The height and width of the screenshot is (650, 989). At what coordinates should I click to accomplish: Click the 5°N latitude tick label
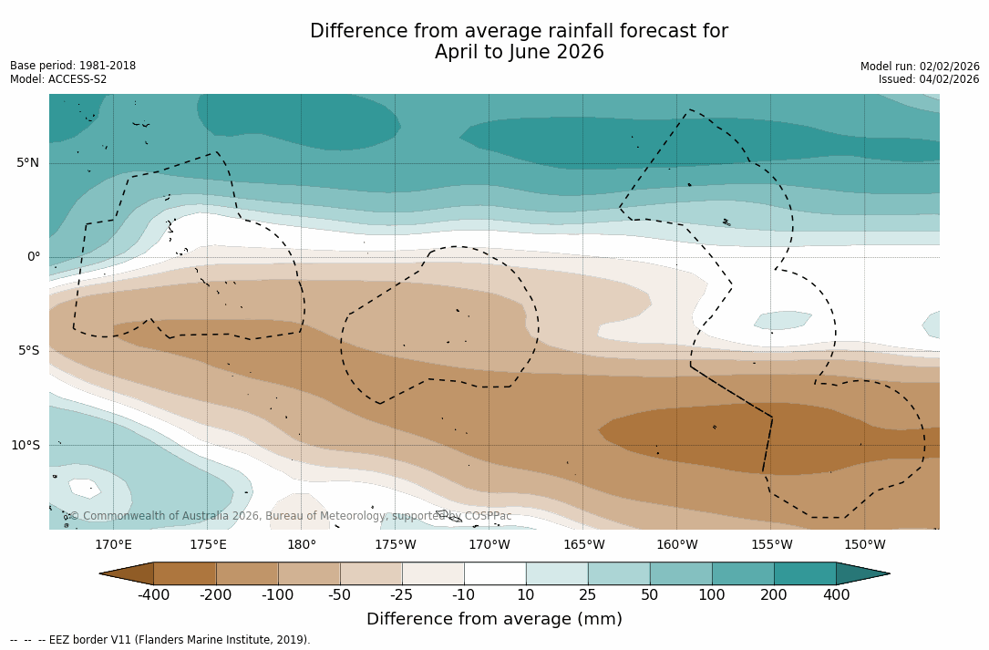click(x=27, y=163)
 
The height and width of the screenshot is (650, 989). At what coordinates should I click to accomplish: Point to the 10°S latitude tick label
click(x=25, y=446)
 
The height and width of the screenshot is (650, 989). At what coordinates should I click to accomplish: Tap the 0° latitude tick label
click(x=34, y=257)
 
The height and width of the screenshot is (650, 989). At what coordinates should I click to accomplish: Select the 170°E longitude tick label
click(x=113, y=545)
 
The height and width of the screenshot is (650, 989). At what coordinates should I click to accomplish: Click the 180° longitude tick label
click(x=301, y=545)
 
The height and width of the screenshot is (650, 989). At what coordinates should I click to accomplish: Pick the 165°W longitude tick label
click(x=583, y=545)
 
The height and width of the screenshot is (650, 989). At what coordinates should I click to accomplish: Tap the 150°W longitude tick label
click(x=864, y=545)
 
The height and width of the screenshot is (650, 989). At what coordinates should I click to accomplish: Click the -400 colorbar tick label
click(x=153, y=595)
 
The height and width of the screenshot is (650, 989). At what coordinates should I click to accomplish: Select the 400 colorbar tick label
click(x=836, y=595)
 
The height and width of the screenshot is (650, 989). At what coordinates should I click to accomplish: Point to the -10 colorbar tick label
click(x=464, y=595)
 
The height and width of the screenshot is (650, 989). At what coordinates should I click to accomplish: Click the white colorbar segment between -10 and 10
click(x=495, y=573)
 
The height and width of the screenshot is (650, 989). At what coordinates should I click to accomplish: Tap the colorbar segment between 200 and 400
click(x=805, y=573)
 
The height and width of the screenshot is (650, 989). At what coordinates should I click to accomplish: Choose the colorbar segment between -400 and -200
click(x=185, y=573)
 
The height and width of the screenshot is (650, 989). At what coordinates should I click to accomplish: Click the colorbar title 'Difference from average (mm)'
click(x=494, y=620)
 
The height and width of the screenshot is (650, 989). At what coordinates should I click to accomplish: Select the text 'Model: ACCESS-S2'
click(x=58, y=79)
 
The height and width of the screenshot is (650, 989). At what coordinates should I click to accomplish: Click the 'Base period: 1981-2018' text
click(x=73, y=66)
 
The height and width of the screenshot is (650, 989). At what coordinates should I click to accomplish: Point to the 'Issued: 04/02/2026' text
click(x=929, y=79)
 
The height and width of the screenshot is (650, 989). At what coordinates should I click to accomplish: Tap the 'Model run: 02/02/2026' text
click(x=920, y=67)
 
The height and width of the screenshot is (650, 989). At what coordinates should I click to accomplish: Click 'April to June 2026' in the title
click(x=519, y=53)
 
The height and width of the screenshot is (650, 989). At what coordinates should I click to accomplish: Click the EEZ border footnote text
click(x=160, y=640)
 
